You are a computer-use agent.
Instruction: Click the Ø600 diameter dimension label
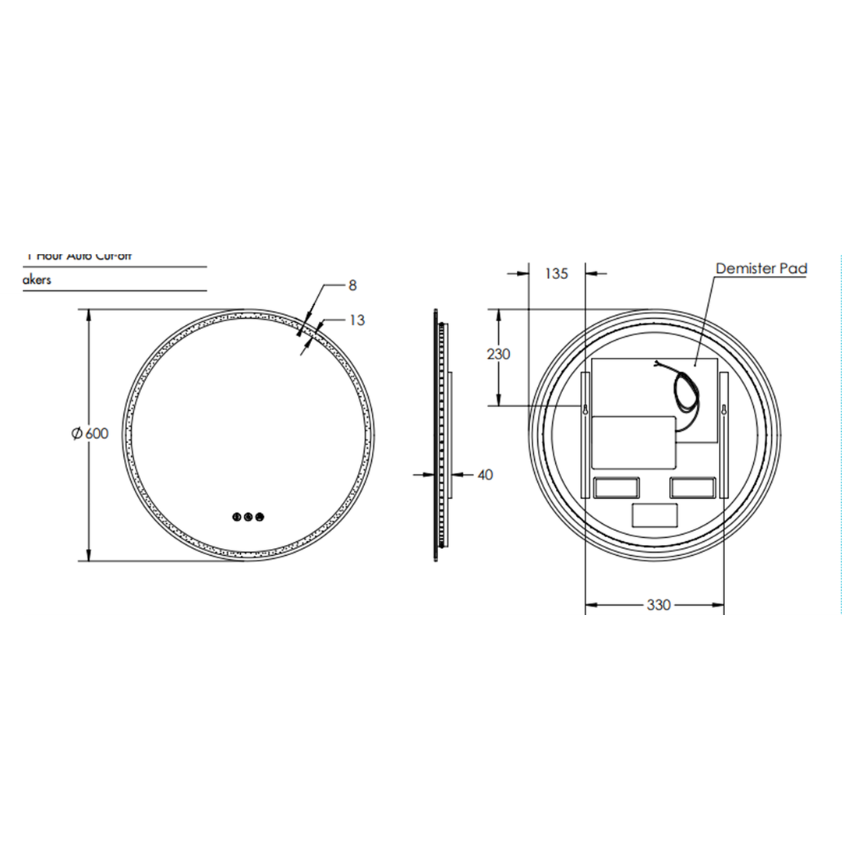90,434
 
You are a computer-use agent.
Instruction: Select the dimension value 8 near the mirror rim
352,285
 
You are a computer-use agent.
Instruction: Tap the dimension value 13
357,320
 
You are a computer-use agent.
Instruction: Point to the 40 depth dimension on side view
485,475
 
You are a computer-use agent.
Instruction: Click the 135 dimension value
557,274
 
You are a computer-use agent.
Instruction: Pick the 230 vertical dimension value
498,354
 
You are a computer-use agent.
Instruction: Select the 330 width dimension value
658,605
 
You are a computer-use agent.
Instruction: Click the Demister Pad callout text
761,269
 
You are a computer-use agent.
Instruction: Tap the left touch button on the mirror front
236,516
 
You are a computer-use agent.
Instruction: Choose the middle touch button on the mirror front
248,516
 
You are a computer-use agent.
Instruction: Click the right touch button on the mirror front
260,516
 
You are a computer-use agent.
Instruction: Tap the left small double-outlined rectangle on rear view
617,488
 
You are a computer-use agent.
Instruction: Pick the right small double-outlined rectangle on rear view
692,488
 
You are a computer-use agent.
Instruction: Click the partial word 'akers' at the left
37,279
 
